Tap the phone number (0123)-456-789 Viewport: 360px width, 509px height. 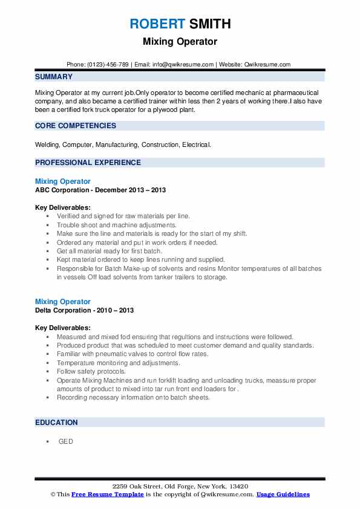(x=107, y=64)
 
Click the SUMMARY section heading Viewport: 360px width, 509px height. (x=54, y=77)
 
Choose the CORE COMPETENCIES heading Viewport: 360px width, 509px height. (x=76, y=126)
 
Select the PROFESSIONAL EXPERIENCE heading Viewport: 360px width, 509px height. (x=88, y=162)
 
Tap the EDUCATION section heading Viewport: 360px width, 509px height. (x=56, y=423)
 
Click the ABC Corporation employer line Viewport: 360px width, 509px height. (x=100, y=190)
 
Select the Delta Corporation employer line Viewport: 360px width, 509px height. (x=85, y=310)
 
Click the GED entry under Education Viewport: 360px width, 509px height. (x=65, y=441)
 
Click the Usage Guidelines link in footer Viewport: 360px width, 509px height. (x=283, y=494)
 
